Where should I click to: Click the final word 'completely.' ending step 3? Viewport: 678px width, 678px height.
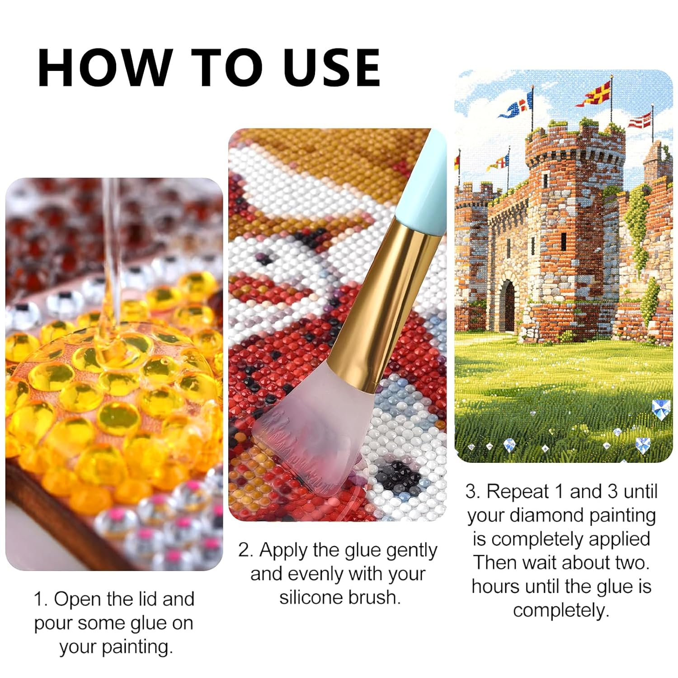click(x=561, y=611)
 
